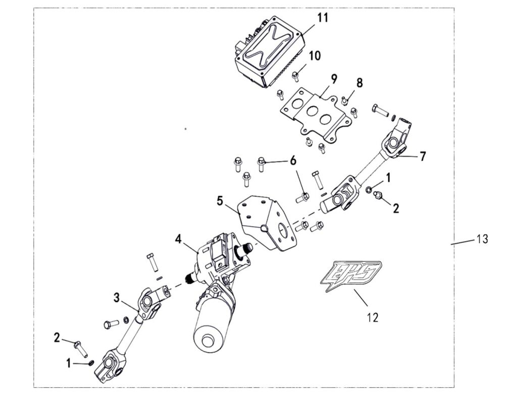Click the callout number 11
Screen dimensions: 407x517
(x=323, y=18)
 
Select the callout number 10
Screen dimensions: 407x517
(x=315, y=56)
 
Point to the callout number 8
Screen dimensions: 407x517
(x=359, y=82)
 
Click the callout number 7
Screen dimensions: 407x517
(x=422, y=157)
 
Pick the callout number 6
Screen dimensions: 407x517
(x=293, y=161)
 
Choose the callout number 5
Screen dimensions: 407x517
(x=220, y=201)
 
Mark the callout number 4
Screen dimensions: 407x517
(x=178, y=238)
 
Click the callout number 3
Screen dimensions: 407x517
(x=117, y=297)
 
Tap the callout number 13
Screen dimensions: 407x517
(x=482, y=239)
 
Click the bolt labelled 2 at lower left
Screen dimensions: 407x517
(x=80, y=347)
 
